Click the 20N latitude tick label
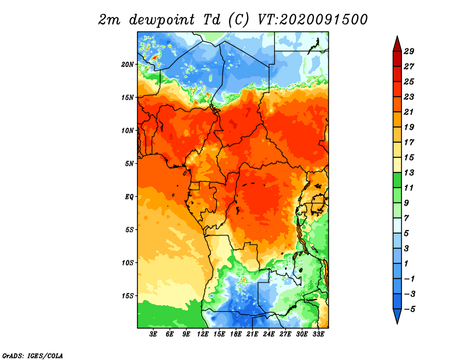(x=128, y=65)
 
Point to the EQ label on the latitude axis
(x=129, y=197)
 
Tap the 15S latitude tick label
(x=128, y=296)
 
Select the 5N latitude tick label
(x=129, y=164)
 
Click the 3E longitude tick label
(x=153, y=334)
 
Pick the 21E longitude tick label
(x=252, y=334)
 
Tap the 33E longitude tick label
(x=318, y=334)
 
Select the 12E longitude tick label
(x=203, y=334)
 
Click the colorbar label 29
(x=409, y=51)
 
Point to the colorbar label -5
(x=409, y=309)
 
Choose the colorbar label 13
(x=409, y=172)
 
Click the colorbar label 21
(x=409, y=112)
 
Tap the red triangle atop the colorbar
(x=397, y=45)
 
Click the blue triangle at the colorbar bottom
(x=397, y=316)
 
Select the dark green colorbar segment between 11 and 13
(x=397, y=180)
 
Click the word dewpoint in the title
(x=162, y=20)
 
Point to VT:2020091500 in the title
(x=313, y=20)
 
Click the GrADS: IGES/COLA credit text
(x=33, y=355)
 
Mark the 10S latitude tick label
(x=128, y=263)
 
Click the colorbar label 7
(x=407, y=218)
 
